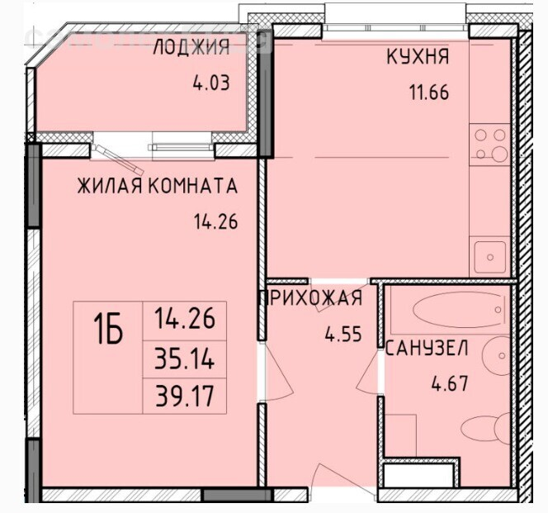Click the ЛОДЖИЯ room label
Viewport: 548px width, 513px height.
click(191, 47)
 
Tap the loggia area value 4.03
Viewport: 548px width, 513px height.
click(211, 83)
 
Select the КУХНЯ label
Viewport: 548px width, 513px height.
click(418, 57)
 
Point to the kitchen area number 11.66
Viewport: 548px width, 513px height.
click(429, 93)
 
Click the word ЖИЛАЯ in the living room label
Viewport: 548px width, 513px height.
click(110, 186)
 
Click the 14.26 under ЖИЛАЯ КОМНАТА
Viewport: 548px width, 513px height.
click(215, 221)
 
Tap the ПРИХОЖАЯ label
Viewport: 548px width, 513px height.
click(311, 298)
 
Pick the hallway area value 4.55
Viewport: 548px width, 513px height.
click(343, 334)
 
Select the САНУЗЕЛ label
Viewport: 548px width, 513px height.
click(427, 348)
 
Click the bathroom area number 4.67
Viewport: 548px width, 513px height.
click(450, 383)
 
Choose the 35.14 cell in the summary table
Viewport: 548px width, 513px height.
click(185, 359)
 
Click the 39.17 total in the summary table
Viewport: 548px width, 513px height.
click(185, 397)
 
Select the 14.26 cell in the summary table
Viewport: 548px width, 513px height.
click(185, 319)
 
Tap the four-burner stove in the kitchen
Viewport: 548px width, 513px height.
click(490, 145)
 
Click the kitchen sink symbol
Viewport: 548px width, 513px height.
click(490, 257)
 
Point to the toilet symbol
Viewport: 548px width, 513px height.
click(486, 428)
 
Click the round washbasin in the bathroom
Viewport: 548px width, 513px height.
click(497, 355)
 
